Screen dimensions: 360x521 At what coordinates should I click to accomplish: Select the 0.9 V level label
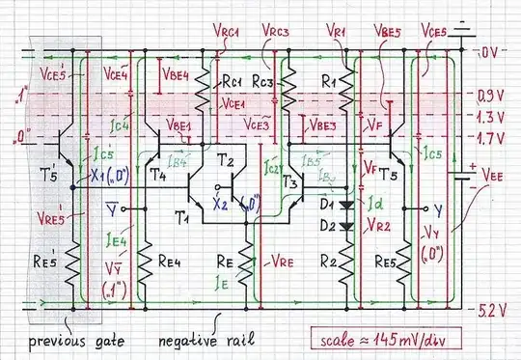pos(491,97)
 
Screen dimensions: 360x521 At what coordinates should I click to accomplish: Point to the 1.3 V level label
pos(491,117)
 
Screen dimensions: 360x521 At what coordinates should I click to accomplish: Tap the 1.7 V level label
pos(491,139)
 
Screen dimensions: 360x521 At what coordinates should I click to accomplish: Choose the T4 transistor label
pos(158,176)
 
